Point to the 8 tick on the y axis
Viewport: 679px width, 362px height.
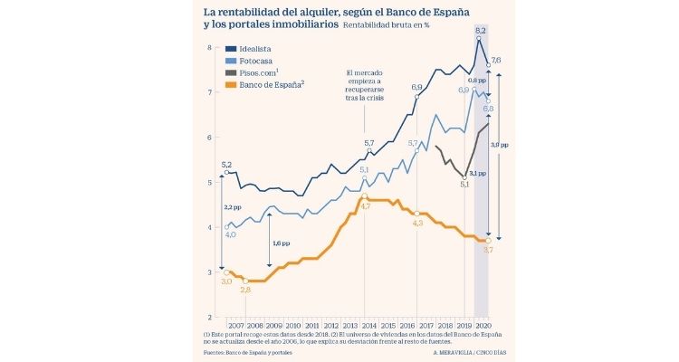point(209,48)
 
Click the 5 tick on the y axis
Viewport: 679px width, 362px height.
point(209,183)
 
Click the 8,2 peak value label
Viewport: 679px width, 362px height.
point(481,31)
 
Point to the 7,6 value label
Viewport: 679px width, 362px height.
point(496,60)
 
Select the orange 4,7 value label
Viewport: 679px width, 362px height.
point(366,207)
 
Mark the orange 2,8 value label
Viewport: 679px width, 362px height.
point(246,290)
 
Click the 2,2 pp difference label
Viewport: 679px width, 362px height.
point(232,208)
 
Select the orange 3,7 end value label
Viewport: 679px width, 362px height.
point(487,249)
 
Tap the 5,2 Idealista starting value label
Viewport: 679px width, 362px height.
point(226,165)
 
